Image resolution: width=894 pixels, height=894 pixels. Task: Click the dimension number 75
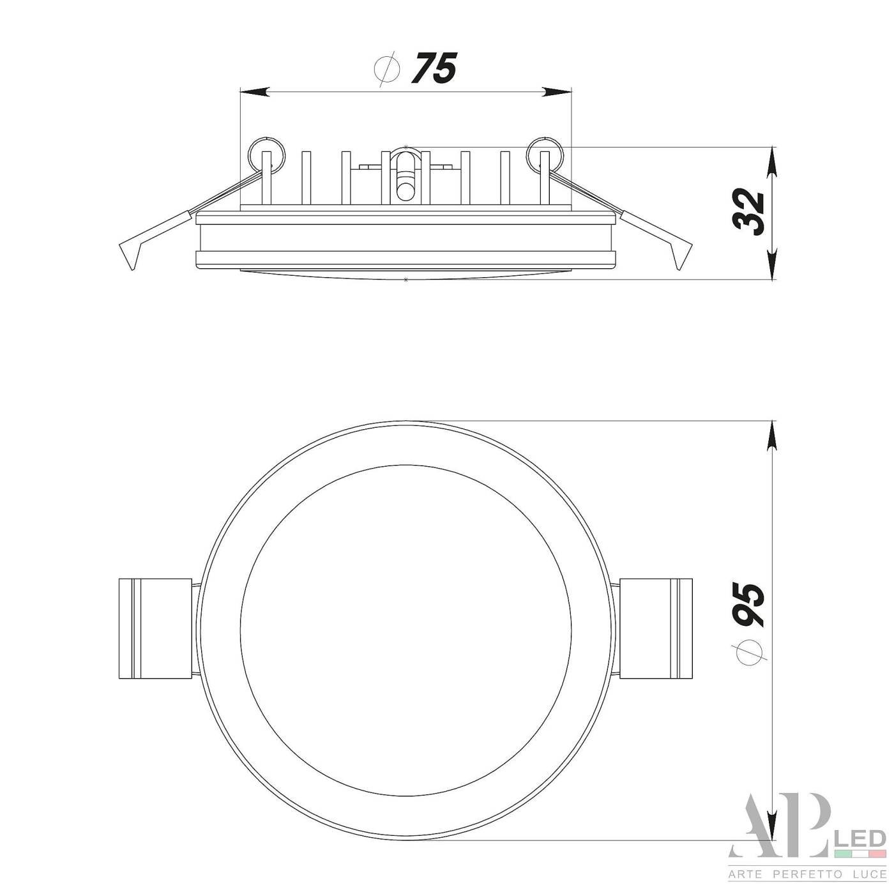(x=434, y=68)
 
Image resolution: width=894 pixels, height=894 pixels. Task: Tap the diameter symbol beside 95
(x=748, y=651)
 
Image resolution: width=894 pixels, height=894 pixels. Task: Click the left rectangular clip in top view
(x=155, y=628)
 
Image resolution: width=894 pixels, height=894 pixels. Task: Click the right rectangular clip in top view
(x=656, y=628)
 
